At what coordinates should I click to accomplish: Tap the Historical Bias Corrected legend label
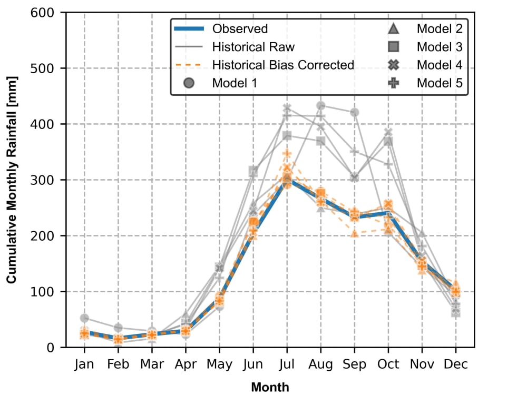click(283, 65)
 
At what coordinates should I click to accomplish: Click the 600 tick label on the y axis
click(47, 13)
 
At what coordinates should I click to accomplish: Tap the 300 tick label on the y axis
click(47, 180)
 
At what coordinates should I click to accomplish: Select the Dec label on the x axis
click(456, 364)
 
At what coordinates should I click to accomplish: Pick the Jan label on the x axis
click(84, 364)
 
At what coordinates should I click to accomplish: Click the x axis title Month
click(270, 388)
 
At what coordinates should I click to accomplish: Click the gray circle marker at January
click(84, 318)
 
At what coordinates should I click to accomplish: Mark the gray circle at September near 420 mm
click(355, 112)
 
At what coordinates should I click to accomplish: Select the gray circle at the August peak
click(320, 105)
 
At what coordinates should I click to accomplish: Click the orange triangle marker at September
click(355, 233)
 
